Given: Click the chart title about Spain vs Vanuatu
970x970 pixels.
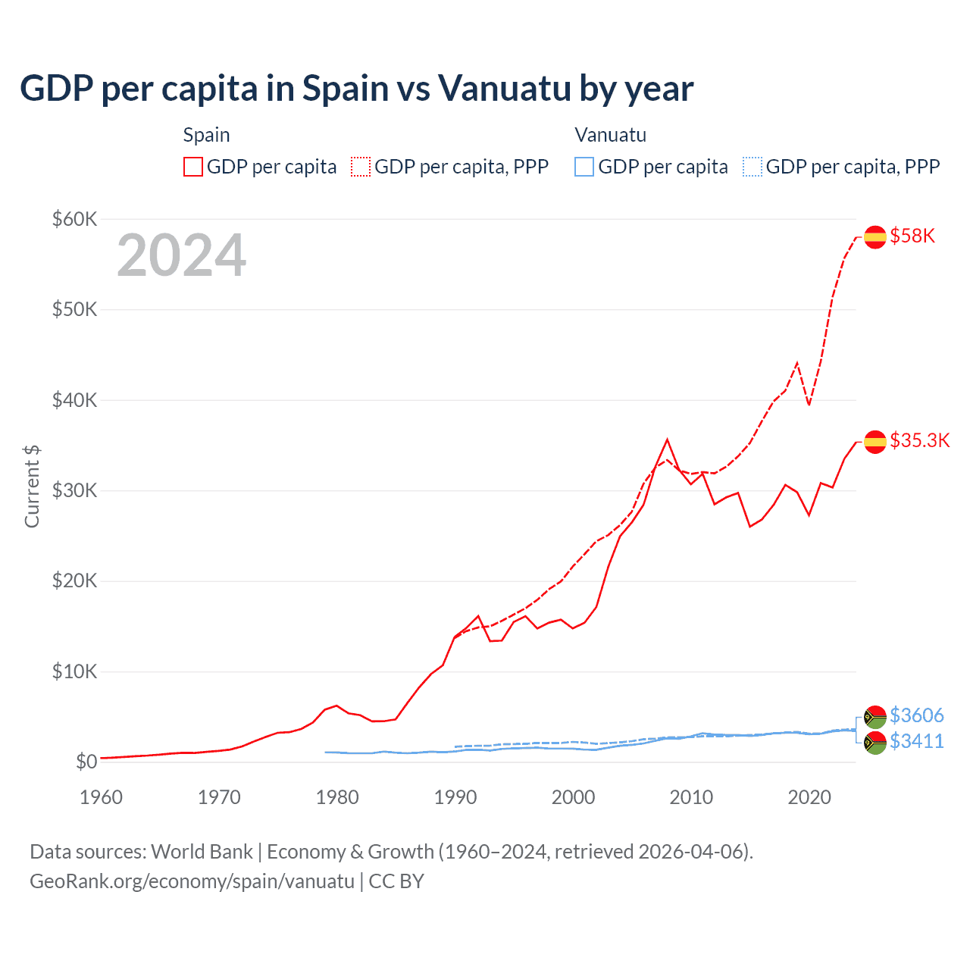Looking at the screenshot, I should coord(356,89).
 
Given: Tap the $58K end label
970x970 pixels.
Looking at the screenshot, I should coord(912,236).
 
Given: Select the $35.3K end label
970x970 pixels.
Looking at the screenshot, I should coord(919,440).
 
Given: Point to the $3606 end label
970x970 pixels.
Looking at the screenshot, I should coord(917,715).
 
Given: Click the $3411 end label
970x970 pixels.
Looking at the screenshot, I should coord(917,741).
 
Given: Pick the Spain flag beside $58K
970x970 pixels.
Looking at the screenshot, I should coord(875,237).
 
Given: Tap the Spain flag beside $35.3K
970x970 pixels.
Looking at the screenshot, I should coord(875,442).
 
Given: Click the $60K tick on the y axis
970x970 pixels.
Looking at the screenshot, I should coord(74,219).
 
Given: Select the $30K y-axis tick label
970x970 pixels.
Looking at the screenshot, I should coord(74,490).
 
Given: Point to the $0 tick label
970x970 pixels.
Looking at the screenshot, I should coord(86,762).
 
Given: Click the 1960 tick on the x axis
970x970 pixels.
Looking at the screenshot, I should coord(101,797).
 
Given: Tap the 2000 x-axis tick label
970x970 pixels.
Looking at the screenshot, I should coord(573,797).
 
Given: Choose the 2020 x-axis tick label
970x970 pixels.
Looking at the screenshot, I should coord(809,797).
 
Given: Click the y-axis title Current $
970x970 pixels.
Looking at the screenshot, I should coord(32,487).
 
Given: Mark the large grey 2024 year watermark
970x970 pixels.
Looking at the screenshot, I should coord(181,255).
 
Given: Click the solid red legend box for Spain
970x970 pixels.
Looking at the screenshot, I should coord(193,167).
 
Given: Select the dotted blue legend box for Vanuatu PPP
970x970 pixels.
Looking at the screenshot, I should coord(753,167).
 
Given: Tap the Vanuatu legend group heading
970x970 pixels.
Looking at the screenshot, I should coord(610,135).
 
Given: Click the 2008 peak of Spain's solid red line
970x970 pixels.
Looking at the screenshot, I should coord(667,440).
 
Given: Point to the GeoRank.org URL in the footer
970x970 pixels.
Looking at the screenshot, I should coord(192,881).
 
